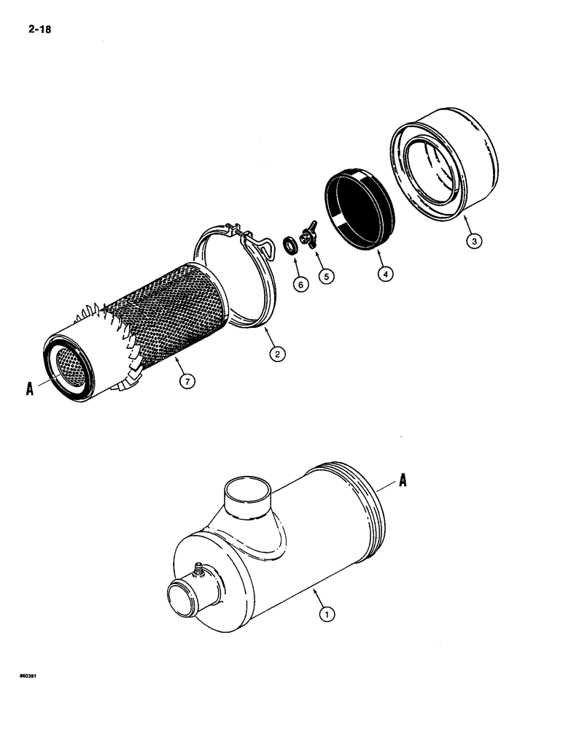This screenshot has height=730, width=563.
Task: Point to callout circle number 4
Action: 384,274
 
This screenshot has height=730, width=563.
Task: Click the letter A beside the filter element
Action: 30,390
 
